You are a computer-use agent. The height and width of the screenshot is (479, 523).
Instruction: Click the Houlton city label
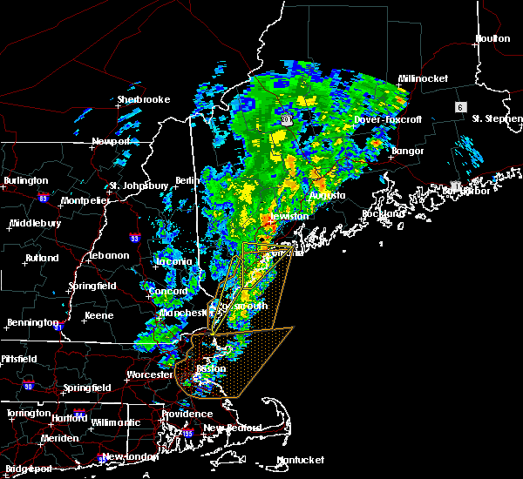492,38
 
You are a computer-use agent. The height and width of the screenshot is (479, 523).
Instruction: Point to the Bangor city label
407,151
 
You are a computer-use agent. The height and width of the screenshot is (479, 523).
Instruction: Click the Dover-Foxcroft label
387,119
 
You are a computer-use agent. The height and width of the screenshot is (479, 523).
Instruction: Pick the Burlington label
26,180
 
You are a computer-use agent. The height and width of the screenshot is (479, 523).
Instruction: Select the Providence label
186,414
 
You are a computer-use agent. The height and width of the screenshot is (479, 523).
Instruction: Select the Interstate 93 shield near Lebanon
135,237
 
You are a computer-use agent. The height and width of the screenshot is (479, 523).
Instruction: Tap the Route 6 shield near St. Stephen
458,106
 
